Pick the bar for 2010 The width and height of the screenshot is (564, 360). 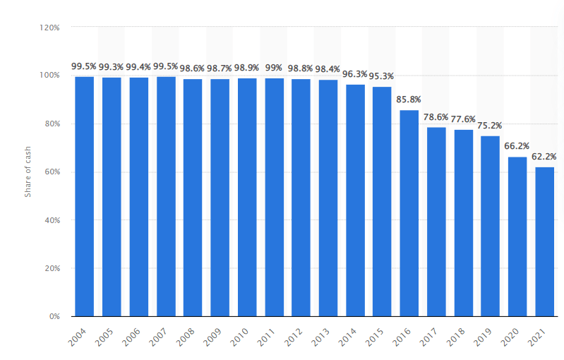click(246, 197)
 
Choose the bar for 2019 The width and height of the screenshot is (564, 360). click(490, 226)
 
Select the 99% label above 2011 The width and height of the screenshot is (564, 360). click(274, 68)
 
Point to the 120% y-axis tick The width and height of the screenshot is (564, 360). click(50, 27)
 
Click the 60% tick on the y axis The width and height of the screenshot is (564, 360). click(52, 172)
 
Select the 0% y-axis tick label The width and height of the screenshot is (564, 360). click(54, 316)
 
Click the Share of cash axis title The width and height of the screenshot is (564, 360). click(28, 171)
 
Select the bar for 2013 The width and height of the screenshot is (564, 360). click(328, 198)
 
